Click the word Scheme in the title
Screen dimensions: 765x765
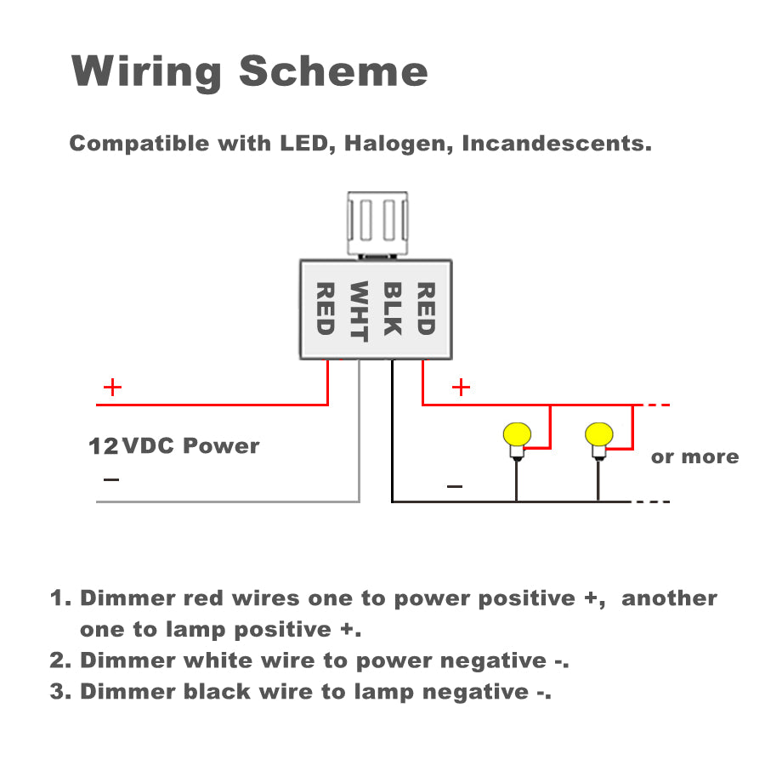(333, 71)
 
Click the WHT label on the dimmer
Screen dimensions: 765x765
(359, 310)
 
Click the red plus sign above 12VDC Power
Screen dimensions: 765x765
(112, 388)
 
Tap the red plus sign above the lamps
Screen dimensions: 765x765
(461, 388)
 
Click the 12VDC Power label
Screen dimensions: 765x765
(174, 445)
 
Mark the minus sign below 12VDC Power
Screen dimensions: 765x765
(111, 480)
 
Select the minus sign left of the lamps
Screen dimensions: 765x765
(455, 487)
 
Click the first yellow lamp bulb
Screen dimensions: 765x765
(516, 435)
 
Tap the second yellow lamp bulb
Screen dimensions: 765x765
(598, 435)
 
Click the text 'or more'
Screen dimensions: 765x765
(694, 457)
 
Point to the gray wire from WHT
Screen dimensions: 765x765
(360, 442)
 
